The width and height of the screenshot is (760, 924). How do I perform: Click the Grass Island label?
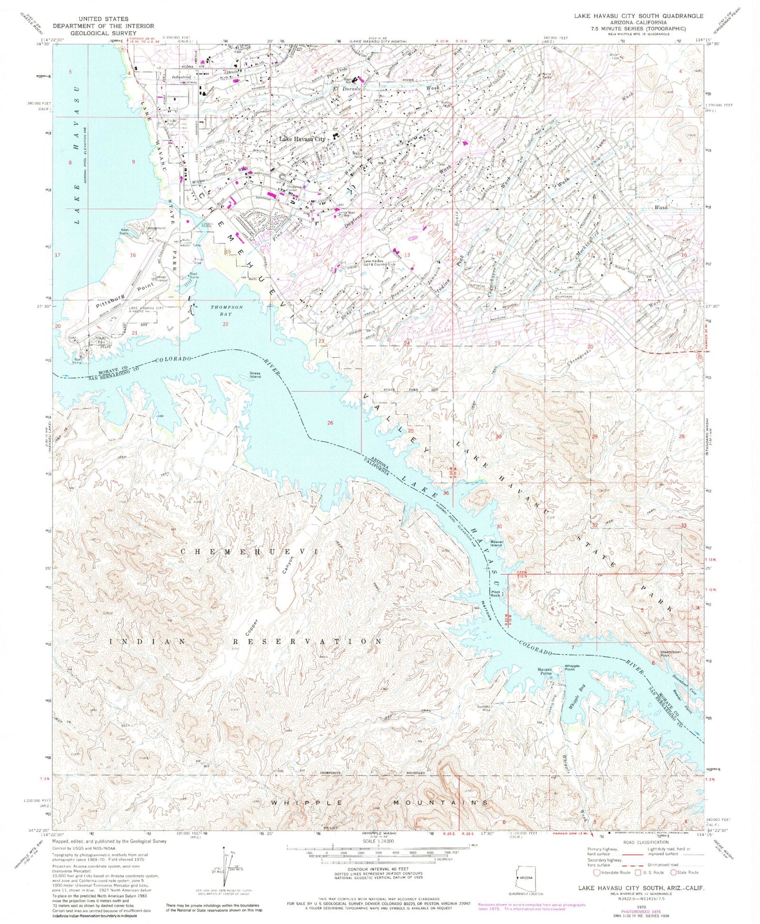click(x=255, y=375)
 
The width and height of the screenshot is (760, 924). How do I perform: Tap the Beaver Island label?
click(x=496, y=543)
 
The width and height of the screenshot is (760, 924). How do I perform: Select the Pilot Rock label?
click(x=495, y=593)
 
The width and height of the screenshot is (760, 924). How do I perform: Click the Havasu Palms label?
click(x=544, y=672)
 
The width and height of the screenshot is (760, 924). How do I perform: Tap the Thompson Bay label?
click(x=227, y=310)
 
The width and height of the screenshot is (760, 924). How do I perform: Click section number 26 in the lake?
click(x=330, y=423)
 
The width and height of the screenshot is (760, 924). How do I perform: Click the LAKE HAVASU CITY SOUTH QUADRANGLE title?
click(x=639, y=16)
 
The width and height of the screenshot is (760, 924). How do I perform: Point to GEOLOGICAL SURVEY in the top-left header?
click(x=104, y=33)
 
